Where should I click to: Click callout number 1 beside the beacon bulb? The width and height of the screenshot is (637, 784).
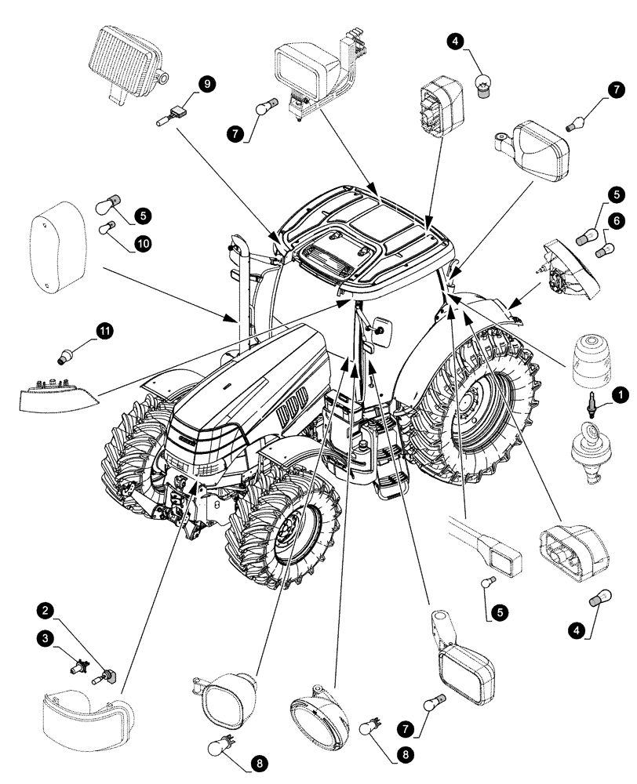pos(619,396)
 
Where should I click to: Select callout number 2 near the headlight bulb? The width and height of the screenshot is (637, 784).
pos(47,610)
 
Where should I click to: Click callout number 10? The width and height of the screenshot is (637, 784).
pos(143,244)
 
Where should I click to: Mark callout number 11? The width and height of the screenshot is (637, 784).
pos(104,332)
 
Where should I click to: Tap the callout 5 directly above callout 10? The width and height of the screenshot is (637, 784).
pos(143,213)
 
